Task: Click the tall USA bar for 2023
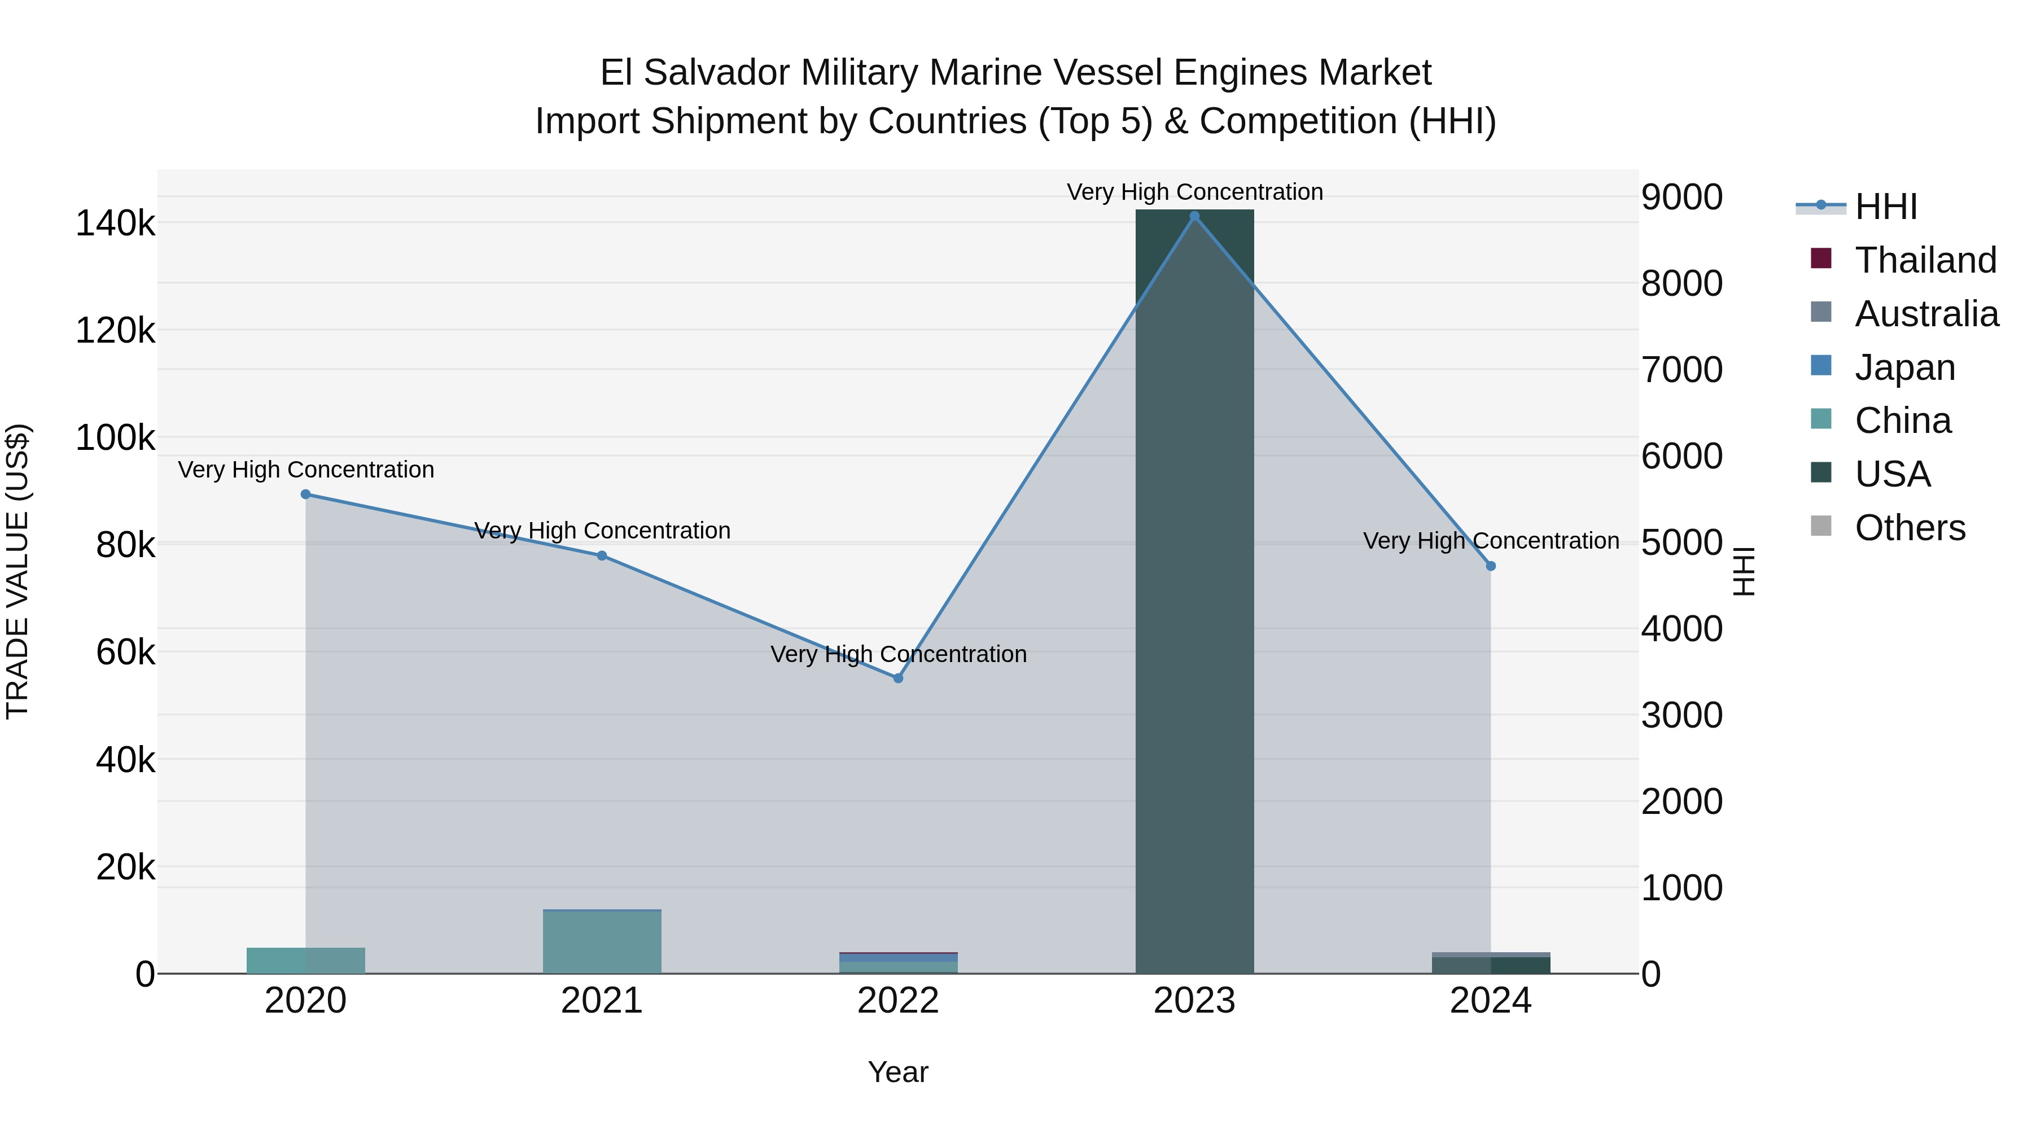point(1194,592)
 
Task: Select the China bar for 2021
point(602,943)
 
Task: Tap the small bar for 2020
point(305,960)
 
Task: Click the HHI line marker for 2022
point(897,677)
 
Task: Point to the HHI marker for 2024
point(1490,566)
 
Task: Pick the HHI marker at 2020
point(305,494)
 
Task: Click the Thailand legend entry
point(1925,260)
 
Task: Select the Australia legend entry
point(1926,314)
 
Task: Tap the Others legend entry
point(1909,528)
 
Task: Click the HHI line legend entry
point(1885,207)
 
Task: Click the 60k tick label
point(125,653)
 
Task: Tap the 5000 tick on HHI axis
point(1682,542)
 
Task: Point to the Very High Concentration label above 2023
point(1194,192)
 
